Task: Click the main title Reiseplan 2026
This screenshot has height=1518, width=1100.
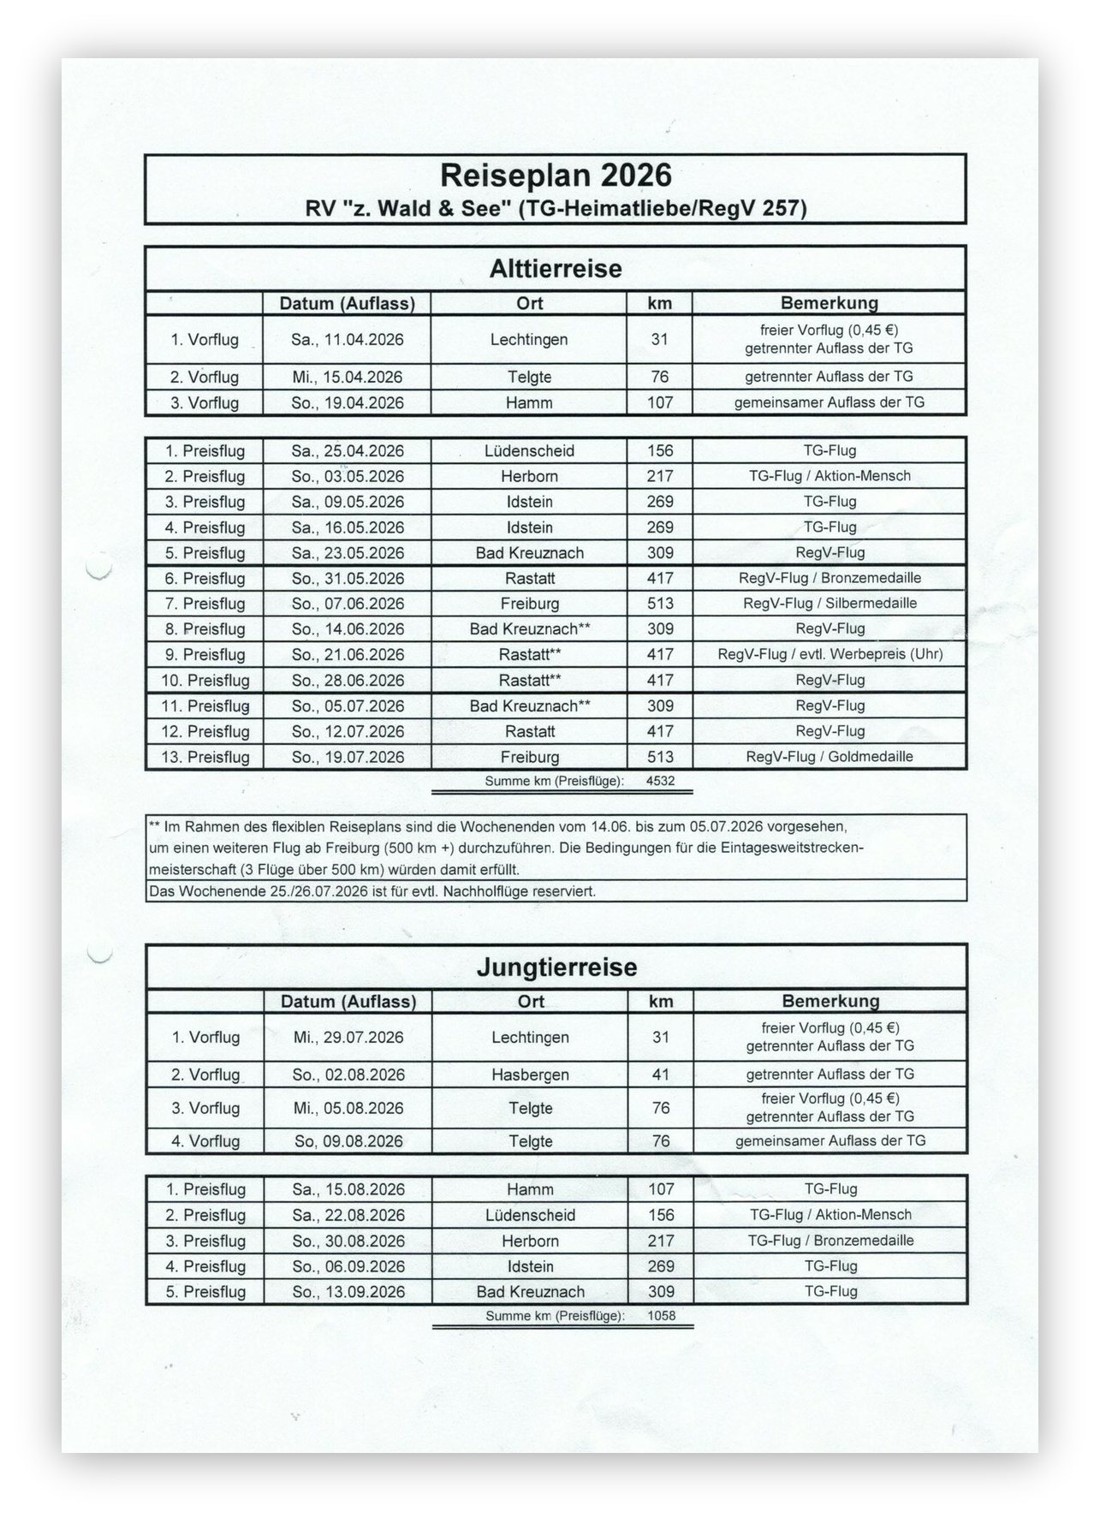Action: (x=556, y=176)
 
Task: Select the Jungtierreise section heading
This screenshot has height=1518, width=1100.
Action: (x=556, y=967)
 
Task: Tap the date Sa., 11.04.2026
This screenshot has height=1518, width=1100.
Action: (x=347, y=340)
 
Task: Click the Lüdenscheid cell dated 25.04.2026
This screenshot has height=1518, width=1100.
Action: (x=529, y=451)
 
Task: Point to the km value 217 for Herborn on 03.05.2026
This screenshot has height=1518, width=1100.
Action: (x=660, y=476)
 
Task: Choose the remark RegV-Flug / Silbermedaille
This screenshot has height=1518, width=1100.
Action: (x=829, y=604)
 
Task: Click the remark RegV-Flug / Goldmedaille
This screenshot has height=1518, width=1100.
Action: (x=829, y=757)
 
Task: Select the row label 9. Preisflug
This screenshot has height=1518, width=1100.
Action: (x=205, y=655)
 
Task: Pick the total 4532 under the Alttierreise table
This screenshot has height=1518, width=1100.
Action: (x=660, y=781)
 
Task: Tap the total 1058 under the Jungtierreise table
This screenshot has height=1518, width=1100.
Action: (x=661, y=1315)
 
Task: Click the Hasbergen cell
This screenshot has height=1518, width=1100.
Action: (x=530, y=1075)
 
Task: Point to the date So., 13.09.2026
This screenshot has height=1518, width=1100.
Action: (x=348, y=1292)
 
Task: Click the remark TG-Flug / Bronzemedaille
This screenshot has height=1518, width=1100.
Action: (x=830, y=1241)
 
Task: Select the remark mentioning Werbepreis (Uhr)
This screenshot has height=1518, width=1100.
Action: (x=829, y=655)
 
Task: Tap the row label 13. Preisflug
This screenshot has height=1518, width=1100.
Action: (x=205, y=757)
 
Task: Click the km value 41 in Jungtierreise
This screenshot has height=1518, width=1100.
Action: (x=660, y=1075)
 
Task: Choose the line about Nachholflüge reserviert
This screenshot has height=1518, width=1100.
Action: (x=372, y=891)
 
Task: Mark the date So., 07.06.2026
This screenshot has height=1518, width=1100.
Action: (x=347, y=604)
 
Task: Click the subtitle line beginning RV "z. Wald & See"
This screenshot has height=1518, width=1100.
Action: (x=556, y=208)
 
